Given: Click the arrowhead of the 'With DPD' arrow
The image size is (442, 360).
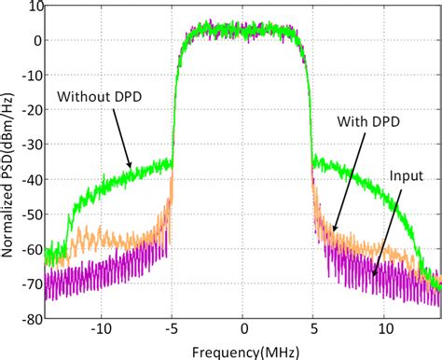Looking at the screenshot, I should tap(331, 229).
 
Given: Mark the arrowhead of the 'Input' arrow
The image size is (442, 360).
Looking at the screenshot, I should tap(374, 276).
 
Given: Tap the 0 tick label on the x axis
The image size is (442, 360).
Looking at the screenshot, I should tap(243, 330).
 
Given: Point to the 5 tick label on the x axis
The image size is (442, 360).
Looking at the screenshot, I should tap(315, 330).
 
